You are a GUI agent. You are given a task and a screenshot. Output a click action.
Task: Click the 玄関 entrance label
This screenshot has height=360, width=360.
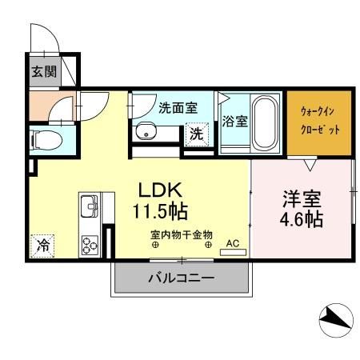(x=43, y=72)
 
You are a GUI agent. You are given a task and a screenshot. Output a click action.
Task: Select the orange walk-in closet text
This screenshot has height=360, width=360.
(x=320, y=120)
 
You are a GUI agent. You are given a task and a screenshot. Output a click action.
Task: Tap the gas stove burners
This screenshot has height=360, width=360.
(x=88, y=242)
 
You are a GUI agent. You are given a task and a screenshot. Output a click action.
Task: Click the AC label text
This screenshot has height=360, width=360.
(x=232, y=242)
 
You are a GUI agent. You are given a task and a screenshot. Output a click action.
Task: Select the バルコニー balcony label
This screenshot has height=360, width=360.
(x=181, y=279)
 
